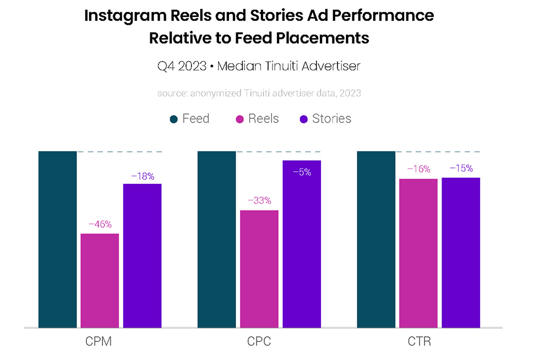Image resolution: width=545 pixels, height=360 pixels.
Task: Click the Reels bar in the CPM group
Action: pyautogui.click(x=100, y=280)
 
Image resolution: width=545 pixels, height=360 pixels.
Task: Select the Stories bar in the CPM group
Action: pyautogui.click(x=142, y=255)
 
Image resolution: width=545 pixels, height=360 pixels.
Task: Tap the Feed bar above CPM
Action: pyautogui.click(x=57, y=239)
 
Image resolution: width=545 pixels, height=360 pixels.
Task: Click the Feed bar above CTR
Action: pyautogui.click(x=376, y=239)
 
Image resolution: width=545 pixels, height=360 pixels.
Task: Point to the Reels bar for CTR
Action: pyautogui.click(x=418, y=253)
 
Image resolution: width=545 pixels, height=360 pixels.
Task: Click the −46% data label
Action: pyautogui.click(x=100, y=224)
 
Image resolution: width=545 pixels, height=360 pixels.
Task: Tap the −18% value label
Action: pyautogui.click(x=142, y=176)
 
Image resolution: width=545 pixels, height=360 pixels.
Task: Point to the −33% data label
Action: pyautogui.click(x=259, y=200)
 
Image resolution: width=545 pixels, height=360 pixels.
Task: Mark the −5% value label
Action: pyautogui.click(x=302, y=172)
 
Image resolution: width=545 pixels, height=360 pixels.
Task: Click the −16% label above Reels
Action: pyautogui.click(x=418, y=169)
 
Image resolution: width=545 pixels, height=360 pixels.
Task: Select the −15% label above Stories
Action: pyautogui.click(x=461, y=168)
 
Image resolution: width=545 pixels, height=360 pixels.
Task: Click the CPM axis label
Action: pyautogui.click(x=99, y=342)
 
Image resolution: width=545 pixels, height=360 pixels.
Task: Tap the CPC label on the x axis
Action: pyautogui.click(x=259, y=342)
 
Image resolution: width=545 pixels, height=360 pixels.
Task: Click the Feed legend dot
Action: pyautogui.click(x=174, y=119)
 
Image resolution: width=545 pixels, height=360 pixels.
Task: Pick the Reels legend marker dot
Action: pyautogui.click(x=239, y=119)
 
